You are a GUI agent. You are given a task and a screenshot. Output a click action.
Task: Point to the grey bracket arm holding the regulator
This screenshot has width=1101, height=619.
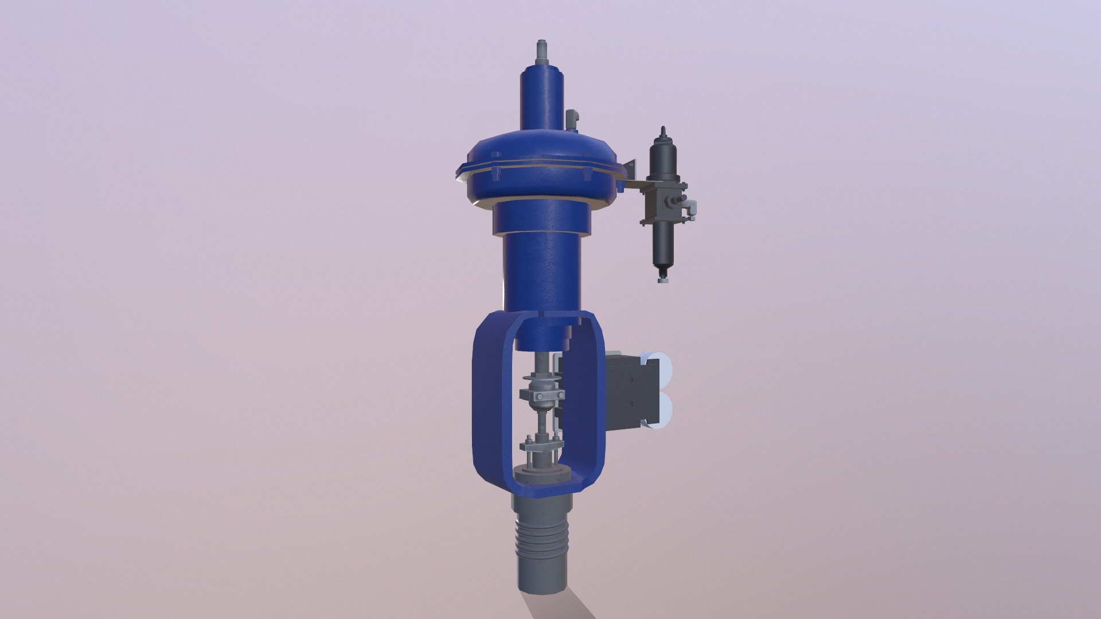(631, 185)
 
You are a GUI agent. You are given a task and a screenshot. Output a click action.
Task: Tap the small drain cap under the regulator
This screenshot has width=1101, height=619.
(663, 281)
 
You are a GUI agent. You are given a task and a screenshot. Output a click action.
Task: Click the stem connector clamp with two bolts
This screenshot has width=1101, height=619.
(541, 395)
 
